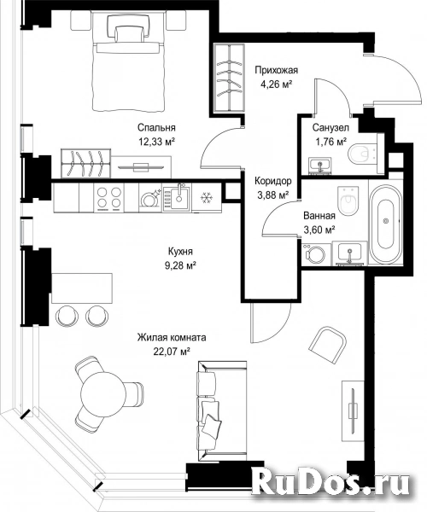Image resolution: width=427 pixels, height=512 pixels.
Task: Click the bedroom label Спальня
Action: pos(156,128)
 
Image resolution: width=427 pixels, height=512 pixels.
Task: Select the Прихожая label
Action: pos(277,70)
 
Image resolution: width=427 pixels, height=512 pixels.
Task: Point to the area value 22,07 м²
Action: pos(172,352)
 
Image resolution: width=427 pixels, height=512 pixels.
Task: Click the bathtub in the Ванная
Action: pos(386,221)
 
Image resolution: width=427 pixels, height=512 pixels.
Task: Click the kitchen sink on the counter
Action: pos(177,197)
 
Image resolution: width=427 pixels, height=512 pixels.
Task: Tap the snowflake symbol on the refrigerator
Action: pos(206,198)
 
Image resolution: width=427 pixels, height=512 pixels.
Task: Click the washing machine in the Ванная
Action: pos(315,253)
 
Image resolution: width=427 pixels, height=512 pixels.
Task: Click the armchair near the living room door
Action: pos(328,345)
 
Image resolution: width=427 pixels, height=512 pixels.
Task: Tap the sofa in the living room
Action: pos(222,410)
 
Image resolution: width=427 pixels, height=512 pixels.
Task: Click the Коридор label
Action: pos(273,181)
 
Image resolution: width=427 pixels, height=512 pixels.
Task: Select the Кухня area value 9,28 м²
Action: pos(180,265)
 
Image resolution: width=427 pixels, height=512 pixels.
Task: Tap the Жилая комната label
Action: pos(172,337)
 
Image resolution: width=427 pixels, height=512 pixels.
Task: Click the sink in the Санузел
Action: pos(320,165)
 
